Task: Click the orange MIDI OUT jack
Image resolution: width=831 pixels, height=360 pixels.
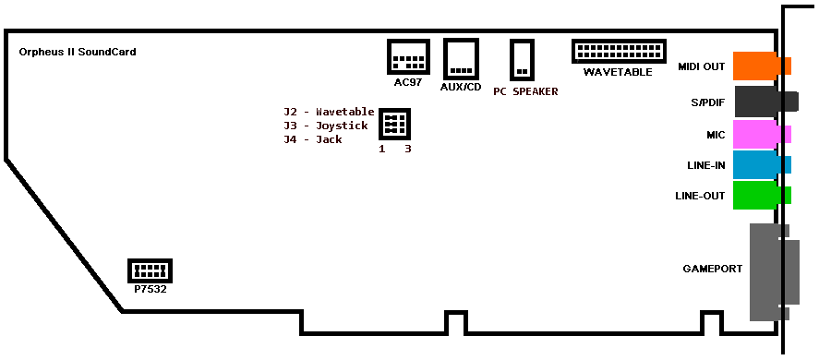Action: (x=762, y=66)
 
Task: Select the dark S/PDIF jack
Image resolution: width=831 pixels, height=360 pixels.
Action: (x=766, y=102)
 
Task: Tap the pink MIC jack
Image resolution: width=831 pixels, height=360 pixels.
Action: (x=762, y=134)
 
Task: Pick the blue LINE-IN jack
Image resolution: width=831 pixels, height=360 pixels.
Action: (x=762, y=165)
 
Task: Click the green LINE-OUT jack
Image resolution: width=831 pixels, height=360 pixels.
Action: (x=762, y=195)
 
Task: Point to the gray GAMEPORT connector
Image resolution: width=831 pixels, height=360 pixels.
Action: (x=775, y=272)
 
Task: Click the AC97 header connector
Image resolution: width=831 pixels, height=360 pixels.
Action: (x=408, y=56)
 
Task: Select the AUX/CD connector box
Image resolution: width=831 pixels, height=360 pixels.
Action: (x=461, y=58)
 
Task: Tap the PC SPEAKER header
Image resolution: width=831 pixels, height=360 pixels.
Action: (x=522, y=59)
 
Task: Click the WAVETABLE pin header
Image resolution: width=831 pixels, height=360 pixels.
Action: (x=619, y=52)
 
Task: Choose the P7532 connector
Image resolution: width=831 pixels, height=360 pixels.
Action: (x=150, y=270)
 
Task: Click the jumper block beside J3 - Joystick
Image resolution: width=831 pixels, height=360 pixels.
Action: (x=395, y=124)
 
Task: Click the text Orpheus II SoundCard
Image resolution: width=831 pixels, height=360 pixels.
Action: (x=78, y=52)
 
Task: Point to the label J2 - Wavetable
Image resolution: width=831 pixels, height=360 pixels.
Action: (x=329, y=112)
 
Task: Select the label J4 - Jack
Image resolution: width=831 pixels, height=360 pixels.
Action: (x=313, y=139)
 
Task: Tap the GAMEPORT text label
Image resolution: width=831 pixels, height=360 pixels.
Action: (x=712, y=269)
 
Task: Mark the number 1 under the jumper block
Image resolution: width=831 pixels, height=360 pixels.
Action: (x=382, y=149)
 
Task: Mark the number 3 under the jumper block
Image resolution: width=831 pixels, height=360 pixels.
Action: (x=407, y=149)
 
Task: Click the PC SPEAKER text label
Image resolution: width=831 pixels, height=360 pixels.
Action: (x=525, y=91)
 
